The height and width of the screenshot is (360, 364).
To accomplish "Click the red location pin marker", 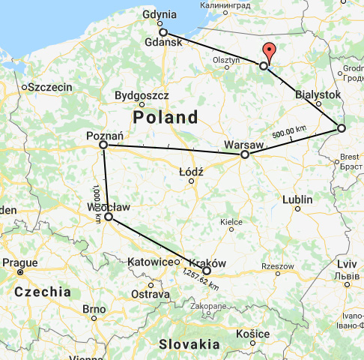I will click(270, 53).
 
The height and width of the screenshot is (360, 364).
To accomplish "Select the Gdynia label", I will click(161, 14).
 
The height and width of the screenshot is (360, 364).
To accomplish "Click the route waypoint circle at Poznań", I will click(103, 144).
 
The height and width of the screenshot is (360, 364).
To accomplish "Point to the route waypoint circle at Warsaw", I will click(244, 154).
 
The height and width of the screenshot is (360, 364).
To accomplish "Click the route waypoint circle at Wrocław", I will click(109, 217).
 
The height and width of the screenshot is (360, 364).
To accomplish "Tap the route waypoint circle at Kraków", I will click(207, 271).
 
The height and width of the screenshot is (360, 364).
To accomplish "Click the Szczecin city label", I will click(51, 87).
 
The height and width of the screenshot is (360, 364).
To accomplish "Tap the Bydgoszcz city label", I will click(147, 95).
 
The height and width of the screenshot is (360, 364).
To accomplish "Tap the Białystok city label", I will click(318, 94).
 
